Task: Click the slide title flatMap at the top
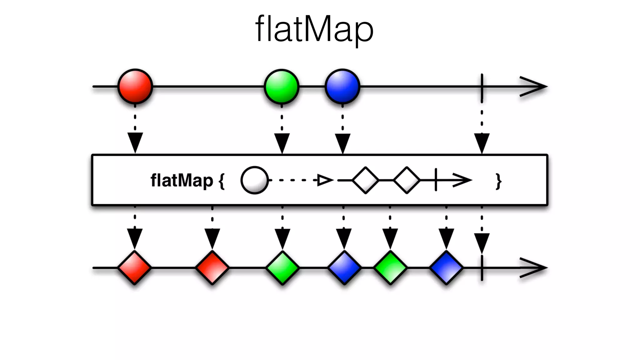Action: (314, 29)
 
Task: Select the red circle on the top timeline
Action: (135, 86)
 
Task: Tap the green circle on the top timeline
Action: (282, 86)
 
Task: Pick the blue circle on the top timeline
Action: (342, 86)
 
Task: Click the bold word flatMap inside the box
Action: (182, 181)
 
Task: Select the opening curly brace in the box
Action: (222, 181)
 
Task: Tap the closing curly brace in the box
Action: (498, 181)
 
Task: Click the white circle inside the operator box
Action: (254, 180)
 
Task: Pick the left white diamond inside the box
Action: (365, 180)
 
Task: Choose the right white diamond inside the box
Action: (407, 180)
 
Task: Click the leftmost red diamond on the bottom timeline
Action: (135, 268)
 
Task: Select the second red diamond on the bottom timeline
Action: (212, 268)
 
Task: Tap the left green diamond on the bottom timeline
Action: (282, 268)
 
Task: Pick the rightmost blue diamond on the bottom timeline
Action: (446, 268)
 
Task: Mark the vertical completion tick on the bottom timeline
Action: (482, 268)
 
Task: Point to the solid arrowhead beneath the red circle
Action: (135, 142)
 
